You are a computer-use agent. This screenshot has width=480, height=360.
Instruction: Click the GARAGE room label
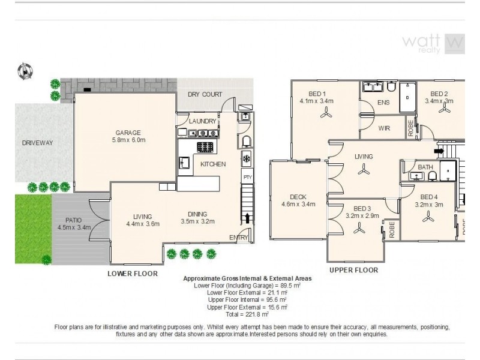click(x=128, y=133)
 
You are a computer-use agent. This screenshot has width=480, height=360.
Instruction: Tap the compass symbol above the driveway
click(x=25, y=71)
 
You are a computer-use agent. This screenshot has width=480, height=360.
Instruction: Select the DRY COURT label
click(x=205, y=94)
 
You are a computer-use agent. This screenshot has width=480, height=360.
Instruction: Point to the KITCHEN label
click(x=212, y=164)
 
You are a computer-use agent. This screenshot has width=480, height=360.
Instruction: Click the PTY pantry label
click(x=247, y=177)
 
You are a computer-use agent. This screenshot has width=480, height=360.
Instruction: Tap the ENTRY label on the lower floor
click(x=238, y=238)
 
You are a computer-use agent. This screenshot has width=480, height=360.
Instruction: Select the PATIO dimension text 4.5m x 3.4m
click(x=73, y=227)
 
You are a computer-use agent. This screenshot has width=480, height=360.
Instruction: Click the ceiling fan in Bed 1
click(x=326, y=117)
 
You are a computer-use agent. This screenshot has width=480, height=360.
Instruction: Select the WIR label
click(x=384, y=128)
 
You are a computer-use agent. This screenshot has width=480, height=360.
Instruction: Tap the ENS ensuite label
click(x=383, y=103)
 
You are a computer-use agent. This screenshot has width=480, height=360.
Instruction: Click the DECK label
click(x=298, y=196)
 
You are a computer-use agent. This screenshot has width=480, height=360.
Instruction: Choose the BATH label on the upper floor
click(x=425, y=167)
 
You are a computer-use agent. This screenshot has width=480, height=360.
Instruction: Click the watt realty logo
click(x=432, y=43)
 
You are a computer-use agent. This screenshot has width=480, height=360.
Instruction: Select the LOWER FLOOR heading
click(x=132, y=274)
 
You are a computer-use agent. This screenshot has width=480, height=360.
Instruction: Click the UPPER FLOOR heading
click(x=353, y=270)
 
